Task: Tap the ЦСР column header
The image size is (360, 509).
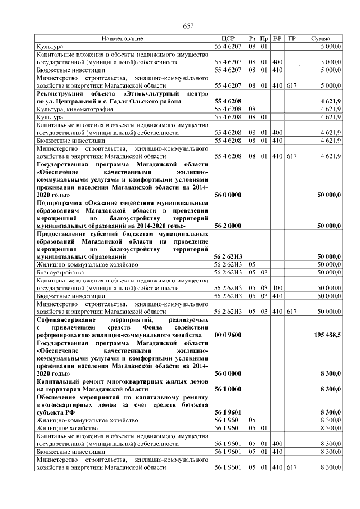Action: (228, 39)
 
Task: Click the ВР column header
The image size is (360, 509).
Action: (277, 39)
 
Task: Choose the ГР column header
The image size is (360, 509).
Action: (291, 39)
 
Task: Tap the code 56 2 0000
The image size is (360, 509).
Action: (228, 225)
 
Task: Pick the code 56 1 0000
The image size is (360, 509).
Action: (228, 389)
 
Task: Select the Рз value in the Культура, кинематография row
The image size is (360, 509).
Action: (253, 109)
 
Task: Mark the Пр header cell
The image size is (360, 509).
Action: (264, 39)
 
